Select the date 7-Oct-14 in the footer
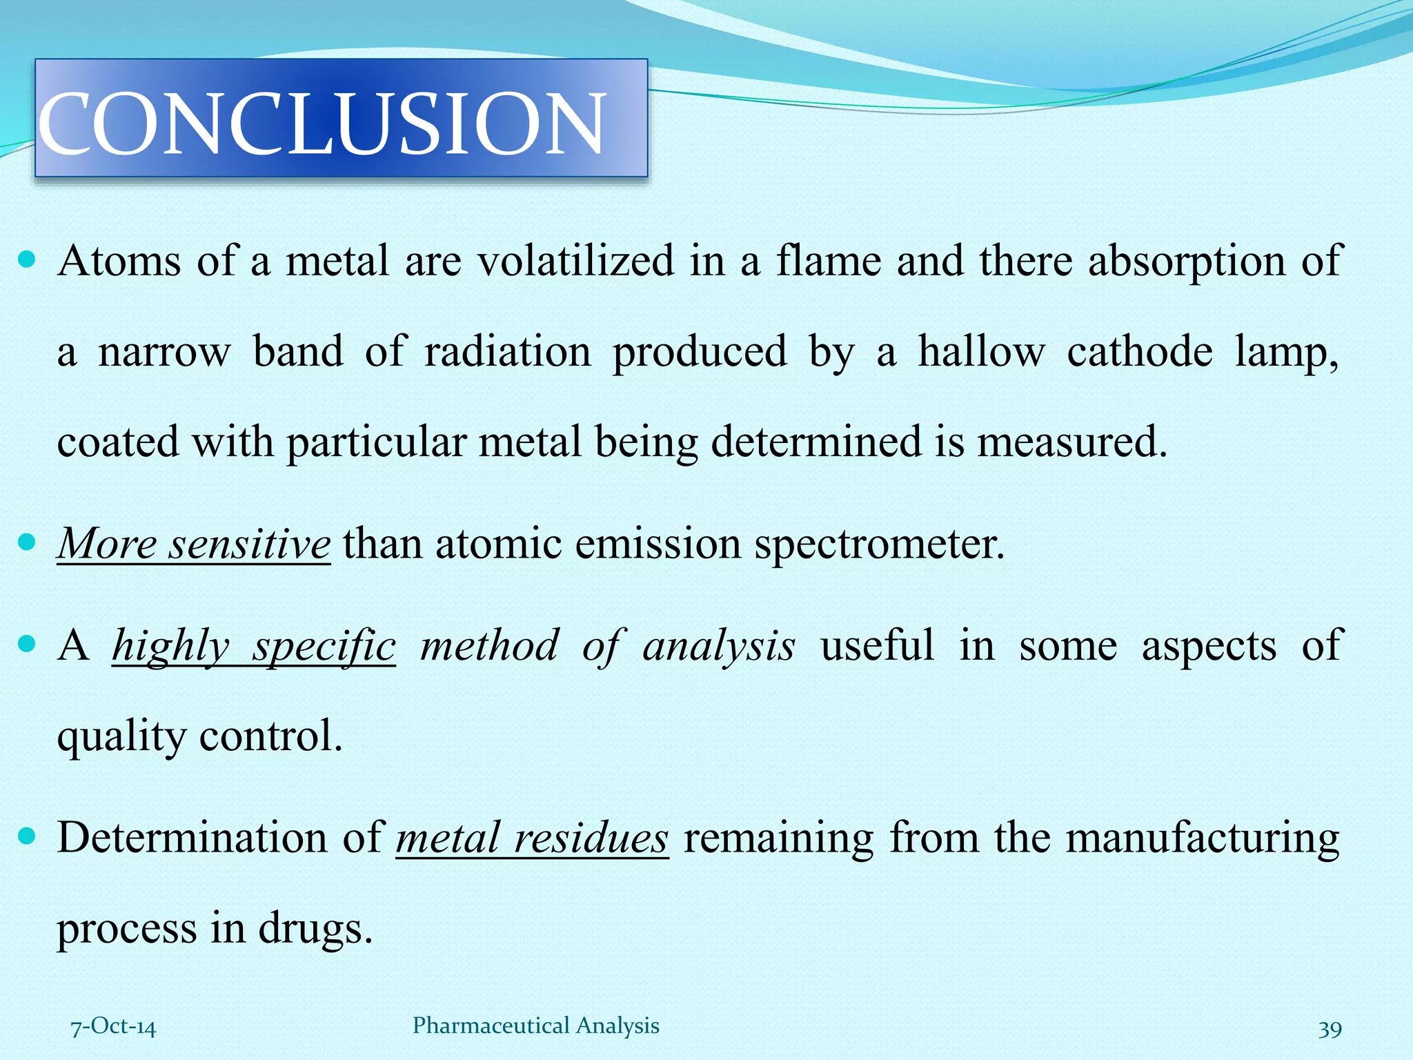tap(114, 1026)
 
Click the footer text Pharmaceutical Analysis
tap(535, 1025)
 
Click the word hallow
tap(980, 352)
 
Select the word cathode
tap(1139, 352)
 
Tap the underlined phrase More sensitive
tap(194, 544)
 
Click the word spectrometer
tap(879, 544)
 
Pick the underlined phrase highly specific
tap(254, 647)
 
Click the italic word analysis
tap(718, 647)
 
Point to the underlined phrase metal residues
tap(532, 838)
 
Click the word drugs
tap(315, 928)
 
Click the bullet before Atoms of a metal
tap(27, 261)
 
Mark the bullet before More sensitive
tap(27, 543)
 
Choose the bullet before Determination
tap(27, 837)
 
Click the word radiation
tap(507, 352)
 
